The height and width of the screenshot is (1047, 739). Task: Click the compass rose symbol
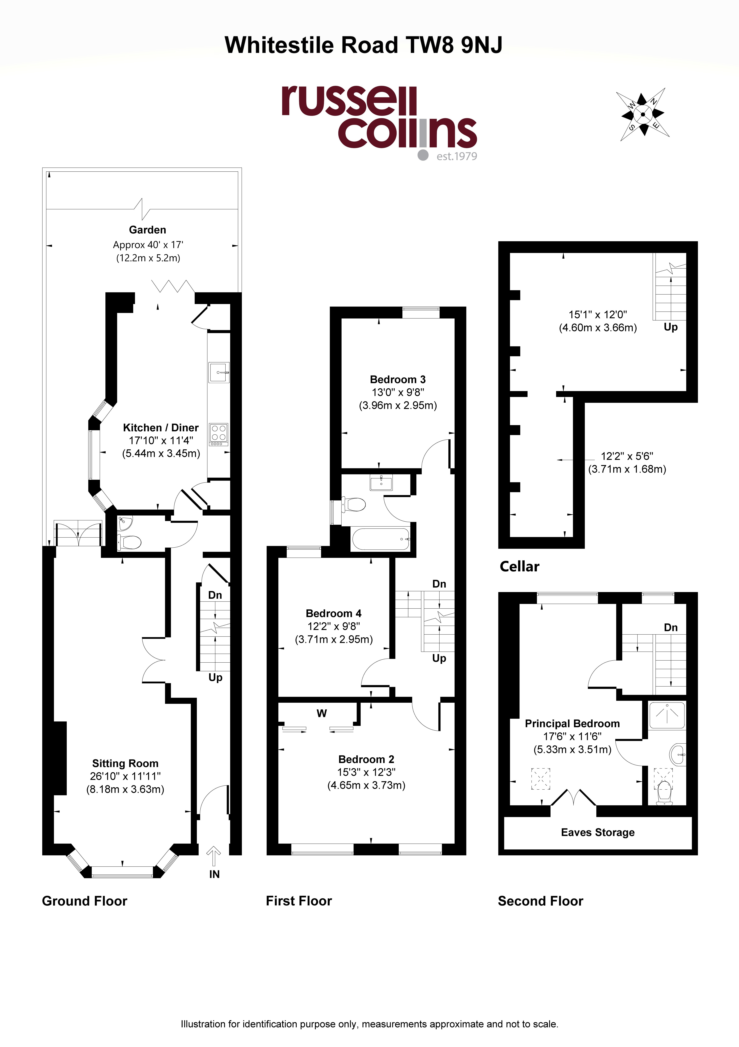pos(643,114)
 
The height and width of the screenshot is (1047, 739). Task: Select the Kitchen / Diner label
pos(161,428)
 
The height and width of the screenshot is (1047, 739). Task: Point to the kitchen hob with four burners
pos(219,435)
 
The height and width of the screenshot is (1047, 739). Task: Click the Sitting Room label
pos(125,763)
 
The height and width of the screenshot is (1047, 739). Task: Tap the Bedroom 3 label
pos(398,379)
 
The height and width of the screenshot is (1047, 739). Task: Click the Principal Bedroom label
pos(572,724)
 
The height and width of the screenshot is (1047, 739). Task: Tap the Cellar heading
pos(519,566)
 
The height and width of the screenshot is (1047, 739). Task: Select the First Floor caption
pos(299,901)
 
